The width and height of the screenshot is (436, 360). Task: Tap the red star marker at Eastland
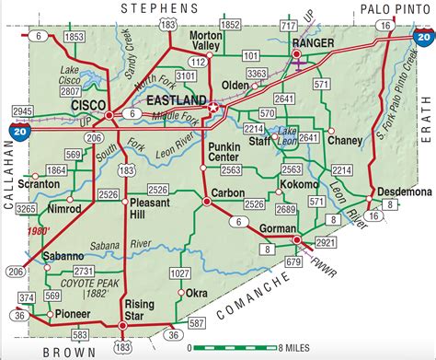[x=214, y=109]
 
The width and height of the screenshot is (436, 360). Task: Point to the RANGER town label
[x=311, y=42]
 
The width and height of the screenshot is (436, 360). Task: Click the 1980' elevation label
[x=40, y=231]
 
